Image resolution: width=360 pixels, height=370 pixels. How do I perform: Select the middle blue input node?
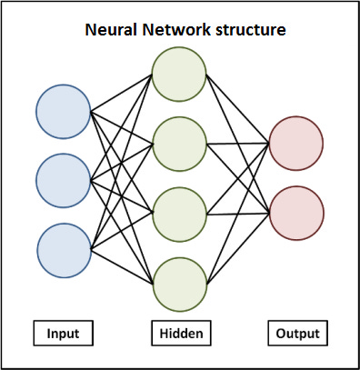coord(63,181)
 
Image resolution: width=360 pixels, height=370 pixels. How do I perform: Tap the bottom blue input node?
coord(63,249)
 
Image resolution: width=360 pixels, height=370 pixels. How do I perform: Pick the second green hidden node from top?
coord(179,144)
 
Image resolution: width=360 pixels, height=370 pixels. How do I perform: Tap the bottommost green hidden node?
coord(179,284)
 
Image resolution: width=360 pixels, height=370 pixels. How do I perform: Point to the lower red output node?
coord(295,213)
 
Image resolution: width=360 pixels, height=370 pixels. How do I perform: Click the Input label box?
coord(63,334)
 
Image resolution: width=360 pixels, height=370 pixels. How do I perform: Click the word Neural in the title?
coord(111,30)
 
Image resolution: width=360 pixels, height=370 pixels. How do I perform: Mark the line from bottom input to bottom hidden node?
coord(121,266)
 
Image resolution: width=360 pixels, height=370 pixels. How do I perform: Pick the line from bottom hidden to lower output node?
coord(237,248)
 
